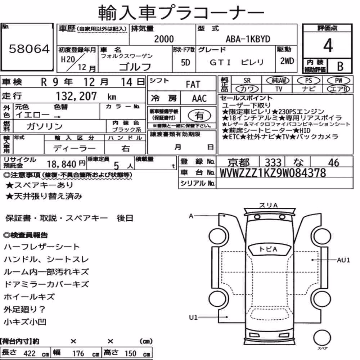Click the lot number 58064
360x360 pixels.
point(29,49)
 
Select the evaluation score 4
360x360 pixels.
point(328,45)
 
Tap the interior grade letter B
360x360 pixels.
point(340,66)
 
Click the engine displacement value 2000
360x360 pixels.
point(164,39)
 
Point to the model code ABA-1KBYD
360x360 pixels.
point(248,39)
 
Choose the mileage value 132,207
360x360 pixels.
point(76,96)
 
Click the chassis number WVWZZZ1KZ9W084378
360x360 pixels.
point(273,173)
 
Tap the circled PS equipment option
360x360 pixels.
point(309,81)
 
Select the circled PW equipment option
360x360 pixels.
point(338,81)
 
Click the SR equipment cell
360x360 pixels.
point(247,81)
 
